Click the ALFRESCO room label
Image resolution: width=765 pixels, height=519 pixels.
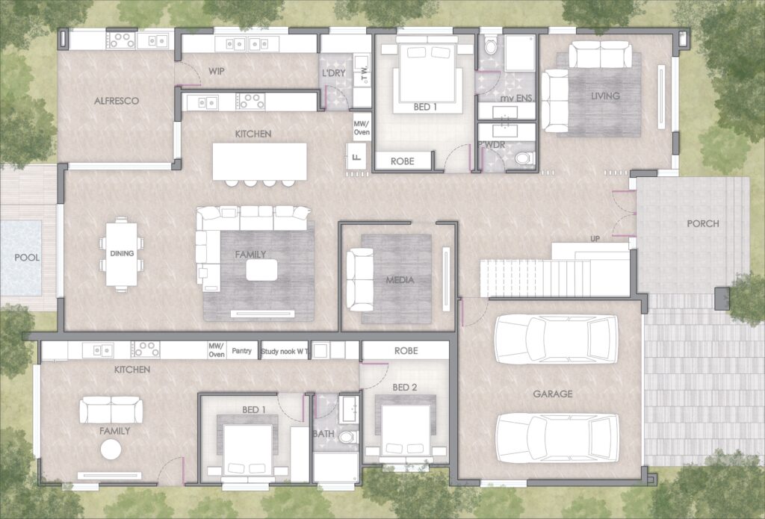pyautogui.click(x=117, y=101)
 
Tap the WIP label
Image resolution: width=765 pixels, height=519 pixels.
pyautogui.click(x=217, y=71)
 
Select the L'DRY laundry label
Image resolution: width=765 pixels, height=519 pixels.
pyautogui.click(x=334, y=73)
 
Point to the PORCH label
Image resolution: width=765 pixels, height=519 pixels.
pyautogui.click(x=703, y=223)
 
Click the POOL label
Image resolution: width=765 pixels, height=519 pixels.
pyautogui.click(x=27, y=258)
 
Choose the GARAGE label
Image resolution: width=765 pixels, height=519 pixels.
pyautogui.click(x=553, y=394)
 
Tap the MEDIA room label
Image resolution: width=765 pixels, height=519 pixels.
pyautogui.click(x=400, y=280)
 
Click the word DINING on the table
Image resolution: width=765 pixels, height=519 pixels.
pyautogui.click(x=122, y=253)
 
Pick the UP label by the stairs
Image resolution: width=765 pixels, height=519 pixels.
pyautogui.click(x=595, y=239)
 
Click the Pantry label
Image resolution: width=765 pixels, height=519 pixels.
pyautogui.click(x=242, y=351)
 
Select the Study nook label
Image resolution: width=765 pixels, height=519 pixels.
pyautogui.click(x=279, y=351)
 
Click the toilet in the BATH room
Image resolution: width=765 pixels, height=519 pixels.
pyautogui.click(x=348, y=437)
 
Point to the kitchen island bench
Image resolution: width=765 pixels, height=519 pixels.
pyautogui.click(x=259, y=161)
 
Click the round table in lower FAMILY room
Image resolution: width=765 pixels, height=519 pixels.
pyautogui.click(x=111, y=450)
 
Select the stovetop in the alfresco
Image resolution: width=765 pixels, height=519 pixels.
pyautogui.click(x=122, y=40)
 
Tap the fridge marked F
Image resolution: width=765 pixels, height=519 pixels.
pyautogui.click(x=356, y=157)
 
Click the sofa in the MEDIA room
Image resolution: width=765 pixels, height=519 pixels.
pyautogui.click(x=359, y=279)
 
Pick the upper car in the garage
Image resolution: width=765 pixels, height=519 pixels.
pyautogui.click(x=556, y=339)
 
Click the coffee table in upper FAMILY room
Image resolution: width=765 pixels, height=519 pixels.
pyautogui.click(x=262, y=270)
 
